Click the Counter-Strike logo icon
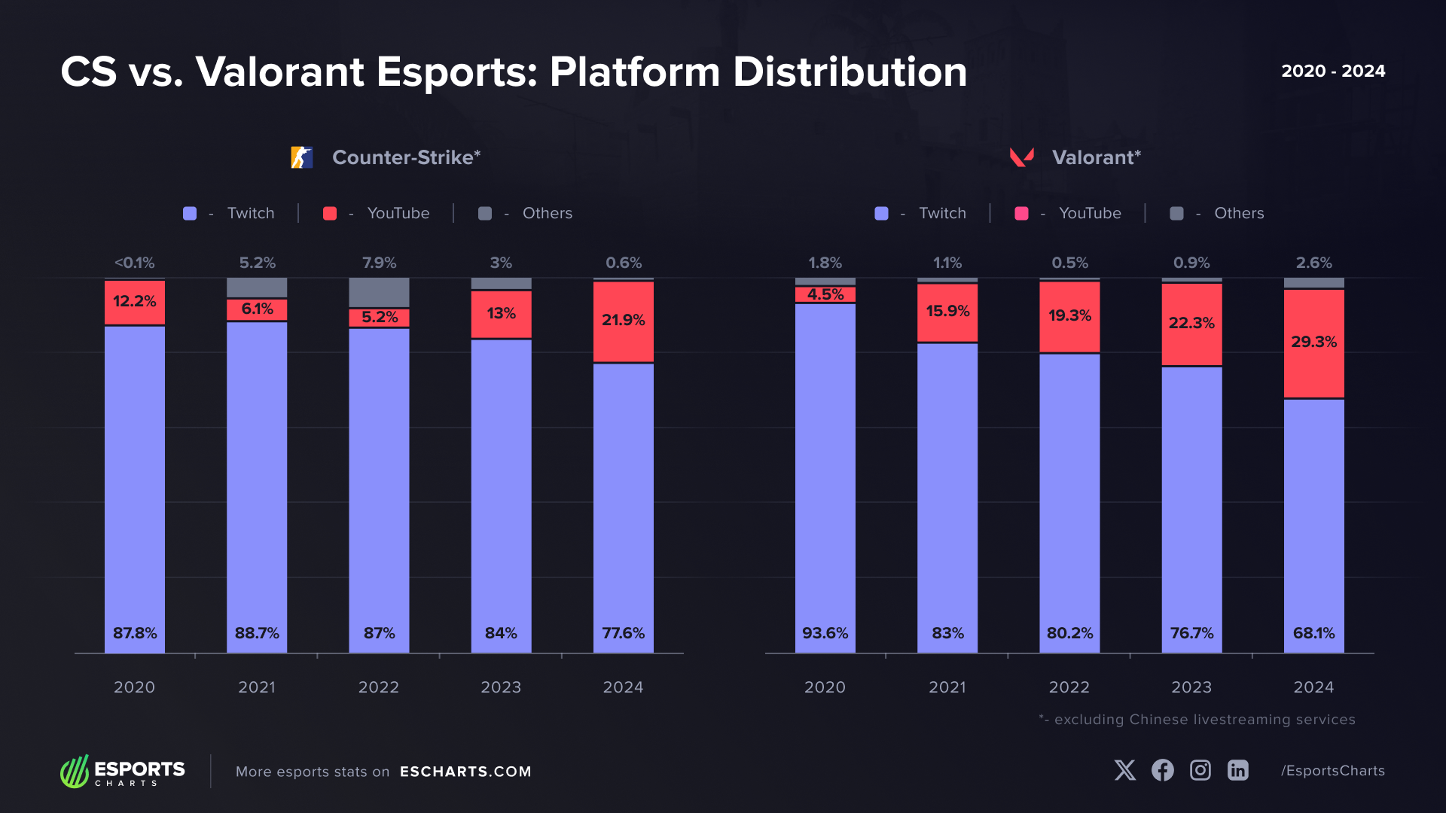tap(302, 157)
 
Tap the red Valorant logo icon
tap(1022, 157)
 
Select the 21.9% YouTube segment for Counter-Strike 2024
tap(624, 322)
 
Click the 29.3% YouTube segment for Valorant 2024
tap(1314, 343)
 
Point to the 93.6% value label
tap(825, 633)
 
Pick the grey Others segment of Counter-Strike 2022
tap(379, 292)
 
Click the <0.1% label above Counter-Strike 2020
tap(135, 263)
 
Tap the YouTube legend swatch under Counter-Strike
tap(330, 214)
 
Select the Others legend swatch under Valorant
tap(1176, 214)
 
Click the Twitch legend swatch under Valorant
tap(881, 214)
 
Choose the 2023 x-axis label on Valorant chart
tap(1191, 687)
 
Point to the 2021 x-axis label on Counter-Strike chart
tap(257, 687)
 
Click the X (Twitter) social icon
tap(1125, 770)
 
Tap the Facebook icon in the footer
tap(1163, 770)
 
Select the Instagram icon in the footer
tap(1200, 770)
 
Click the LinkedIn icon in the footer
tap(1238, 770)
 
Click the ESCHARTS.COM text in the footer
tap(465, 772)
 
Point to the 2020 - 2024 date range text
tap(1333, 71)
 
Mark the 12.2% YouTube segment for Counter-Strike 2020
tap(135, 303)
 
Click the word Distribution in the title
tap(850, 72)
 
